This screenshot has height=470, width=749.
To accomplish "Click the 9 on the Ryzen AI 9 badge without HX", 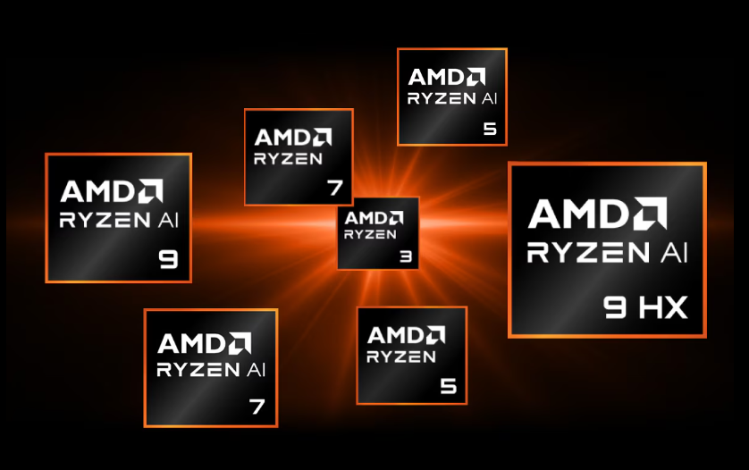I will pos(168,260).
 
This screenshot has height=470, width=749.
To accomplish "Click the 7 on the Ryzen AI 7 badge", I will pos(257,407).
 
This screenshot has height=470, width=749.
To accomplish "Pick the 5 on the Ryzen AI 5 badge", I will pos(489,129).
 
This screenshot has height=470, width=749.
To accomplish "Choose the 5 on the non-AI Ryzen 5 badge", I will pos(448,387).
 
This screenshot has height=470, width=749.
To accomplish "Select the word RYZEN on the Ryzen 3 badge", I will pos(370,235).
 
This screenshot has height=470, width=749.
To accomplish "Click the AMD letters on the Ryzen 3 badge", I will pos(365,218).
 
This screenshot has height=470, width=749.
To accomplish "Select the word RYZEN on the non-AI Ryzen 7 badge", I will pos(288,159).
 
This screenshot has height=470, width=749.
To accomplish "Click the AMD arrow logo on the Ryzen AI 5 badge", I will pos(475,77).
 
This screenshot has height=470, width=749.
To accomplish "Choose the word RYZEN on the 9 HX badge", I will pos(584,254).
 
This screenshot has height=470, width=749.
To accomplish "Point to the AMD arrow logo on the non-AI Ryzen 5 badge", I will pos(434,335).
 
